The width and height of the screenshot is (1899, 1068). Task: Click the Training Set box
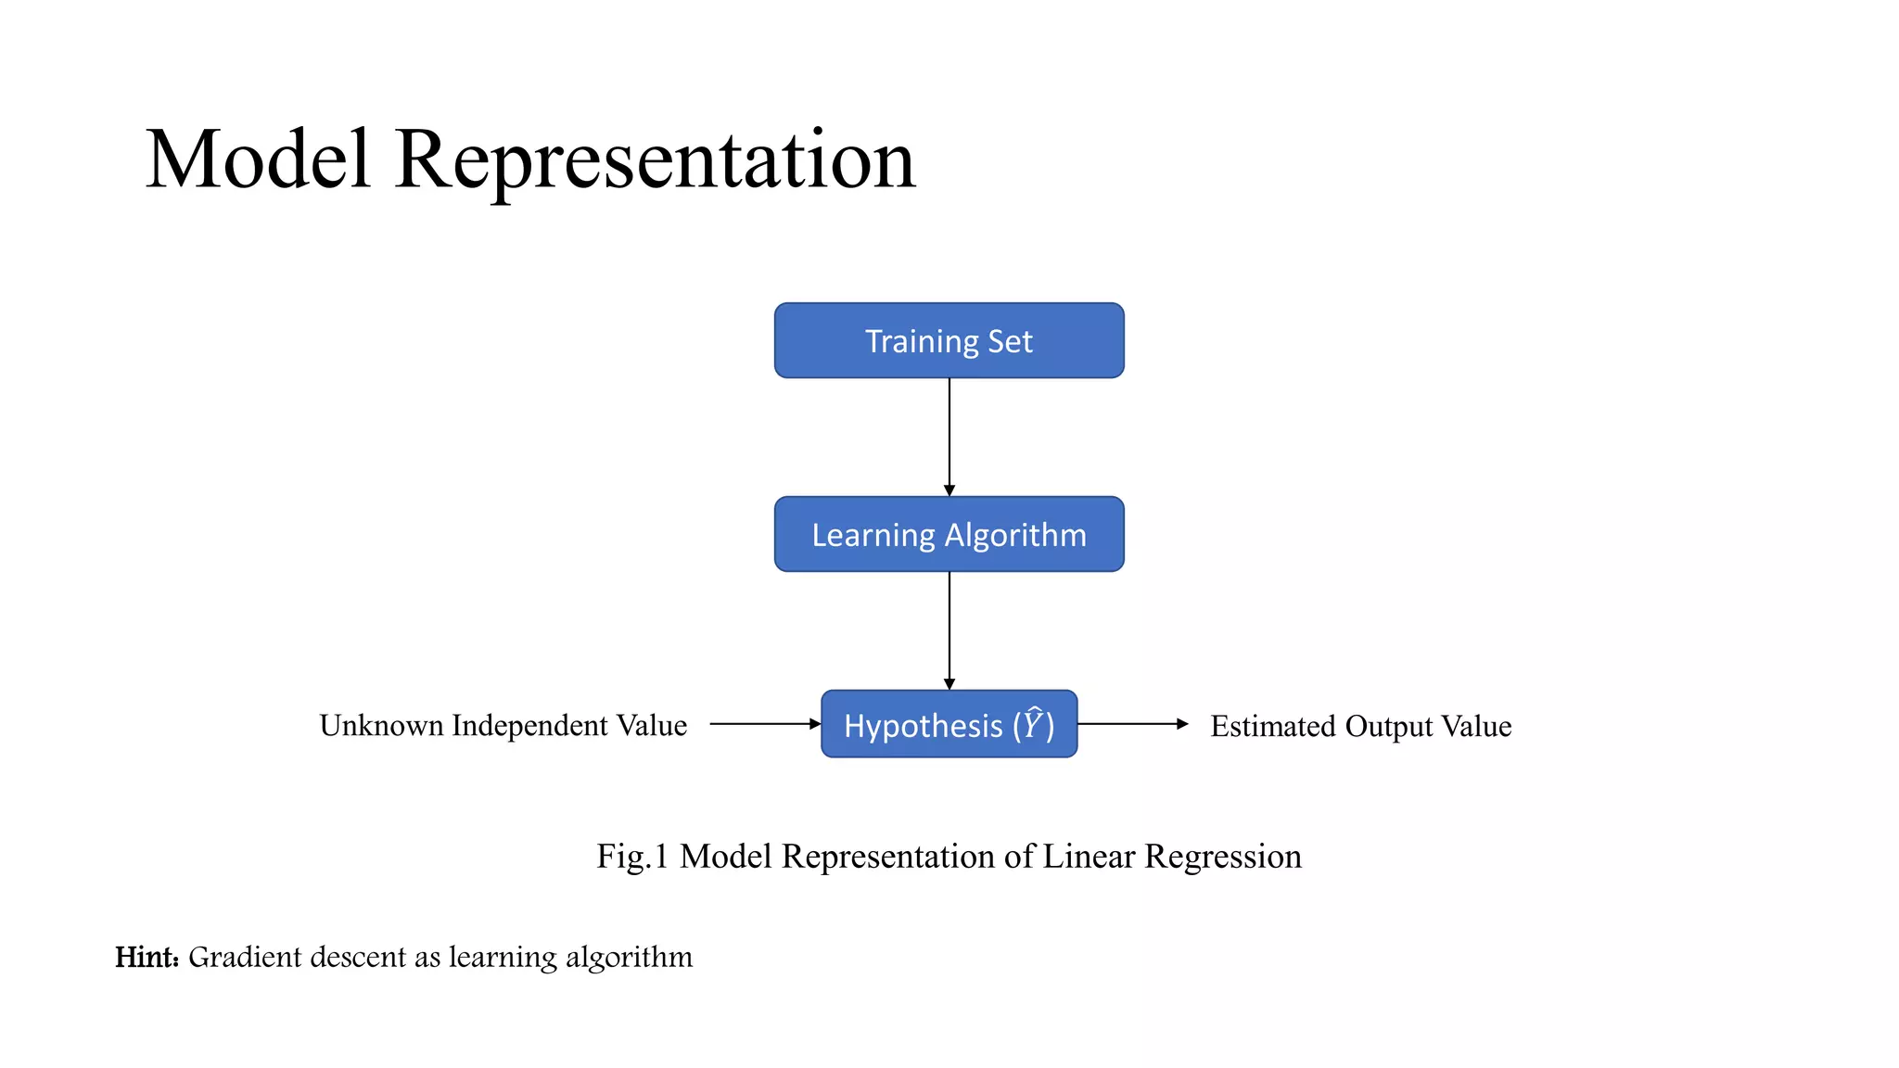click(x=949, y=340)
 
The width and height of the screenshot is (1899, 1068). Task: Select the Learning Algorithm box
click(x=949, y=534)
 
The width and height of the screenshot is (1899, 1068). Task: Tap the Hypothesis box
click(x=949, y=724)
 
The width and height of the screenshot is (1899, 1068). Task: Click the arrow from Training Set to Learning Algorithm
click(x=949, y=437)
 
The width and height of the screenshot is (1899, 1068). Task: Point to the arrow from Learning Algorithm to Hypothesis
click(x=949, y=630)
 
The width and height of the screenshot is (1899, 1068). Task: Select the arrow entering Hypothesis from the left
click(x=765, y=724)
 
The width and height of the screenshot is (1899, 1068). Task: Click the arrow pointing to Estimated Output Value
click(x=1132, y=724)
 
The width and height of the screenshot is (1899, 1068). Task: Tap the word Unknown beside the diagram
click(x=381, y=725)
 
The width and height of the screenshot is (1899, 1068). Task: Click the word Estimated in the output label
click(x=1273, y=726)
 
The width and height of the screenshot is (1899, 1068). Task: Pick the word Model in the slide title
click(x=258, y=159)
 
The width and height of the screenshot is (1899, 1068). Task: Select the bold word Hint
click(x=146, y=957)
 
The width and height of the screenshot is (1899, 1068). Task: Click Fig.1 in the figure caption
click(x=632, y=856)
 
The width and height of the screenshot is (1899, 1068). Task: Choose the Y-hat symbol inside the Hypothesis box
click(x=1033, y=723)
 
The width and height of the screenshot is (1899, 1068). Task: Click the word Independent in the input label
click(x=529, y=725)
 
